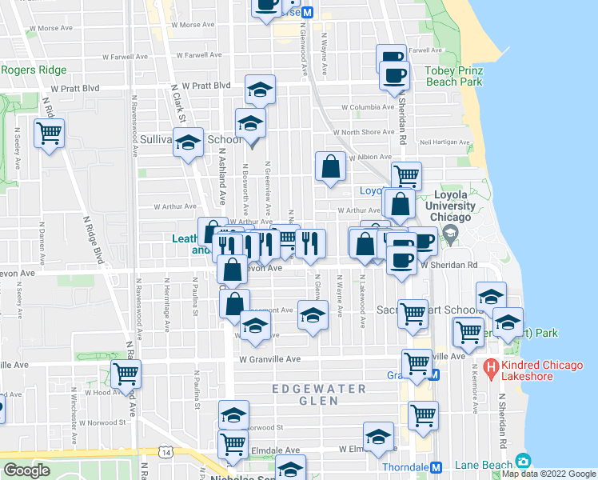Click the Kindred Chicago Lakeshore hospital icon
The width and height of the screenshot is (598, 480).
[x=492, y=370]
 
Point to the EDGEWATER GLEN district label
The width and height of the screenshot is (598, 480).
[x=318, y=389]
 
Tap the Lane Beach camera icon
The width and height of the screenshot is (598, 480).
[x=523, y=461]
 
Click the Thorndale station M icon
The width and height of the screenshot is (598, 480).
[x=437, y=468]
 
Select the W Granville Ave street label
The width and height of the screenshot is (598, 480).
[x=269, y=359]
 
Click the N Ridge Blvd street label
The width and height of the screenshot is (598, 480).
[x=97, y=240]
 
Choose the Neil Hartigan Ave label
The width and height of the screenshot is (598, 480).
[x=444, y=142]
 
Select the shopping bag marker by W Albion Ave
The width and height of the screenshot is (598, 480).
[x=330, y=166]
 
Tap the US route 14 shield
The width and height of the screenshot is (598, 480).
[x=166, y=452]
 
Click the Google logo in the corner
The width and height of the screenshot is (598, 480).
[x=26, y=471]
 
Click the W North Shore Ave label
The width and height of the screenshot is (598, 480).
[x=363, y=132]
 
